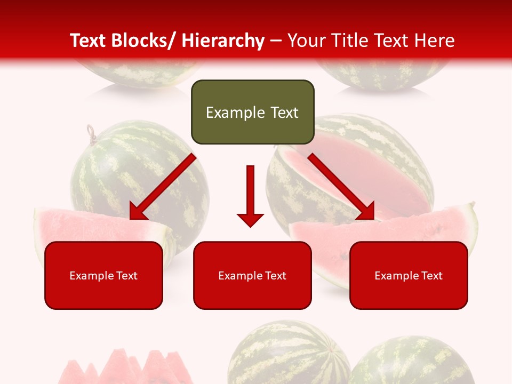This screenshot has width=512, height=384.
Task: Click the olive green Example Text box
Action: pos(252,112)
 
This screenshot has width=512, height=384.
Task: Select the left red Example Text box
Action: pos(103,275)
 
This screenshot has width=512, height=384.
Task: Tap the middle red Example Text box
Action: pos(252,275)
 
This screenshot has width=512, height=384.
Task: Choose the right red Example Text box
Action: pos(409,275)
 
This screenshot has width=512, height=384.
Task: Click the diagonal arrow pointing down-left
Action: pos(162,187)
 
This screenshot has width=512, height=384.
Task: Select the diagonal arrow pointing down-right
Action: pos(341,187)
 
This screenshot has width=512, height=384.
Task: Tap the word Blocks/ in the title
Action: pos(145,41)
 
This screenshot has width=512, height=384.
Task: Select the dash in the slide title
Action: pos(276,41)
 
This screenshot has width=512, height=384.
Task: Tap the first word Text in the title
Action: pos(90,41)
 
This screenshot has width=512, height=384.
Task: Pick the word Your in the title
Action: pos(306,41)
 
